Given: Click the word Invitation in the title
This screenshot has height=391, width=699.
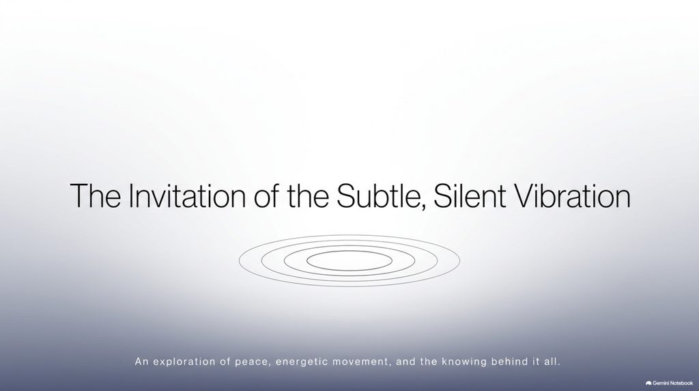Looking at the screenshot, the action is click(x=187, y=195).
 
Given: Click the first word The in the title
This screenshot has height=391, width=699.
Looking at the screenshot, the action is click(x=96, y=195).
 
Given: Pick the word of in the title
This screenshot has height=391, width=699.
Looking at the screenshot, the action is click(x=267, y=195).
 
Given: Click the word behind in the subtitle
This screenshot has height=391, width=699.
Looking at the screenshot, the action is click(x=509, y=362).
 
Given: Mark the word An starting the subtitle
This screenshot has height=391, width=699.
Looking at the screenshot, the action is click(x=142, y=362).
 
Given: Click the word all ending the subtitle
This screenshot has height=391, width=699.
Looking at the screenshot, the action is click(x=552, y=362).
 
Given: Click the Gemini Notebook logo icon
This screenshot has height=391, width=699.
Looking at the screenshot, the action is click(x=648, y=383).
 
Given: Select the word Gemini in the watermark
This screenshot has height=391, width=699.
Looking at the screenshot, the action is click(x=661, y=383).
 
